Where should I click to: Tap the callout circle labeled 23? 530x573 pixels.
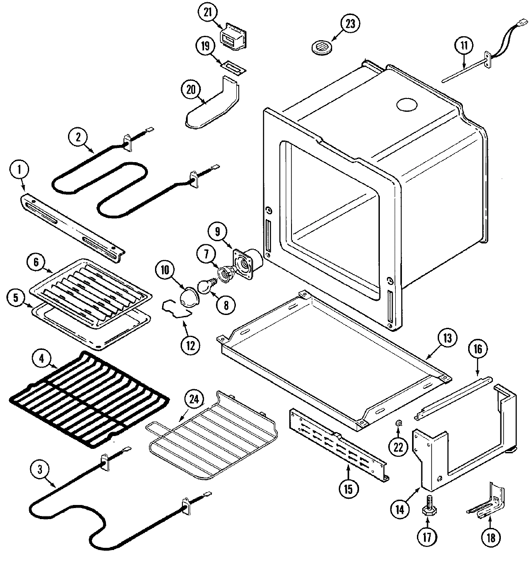(350, 24)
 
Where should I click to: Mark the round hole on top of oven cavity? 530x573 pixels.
(406, 105)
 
